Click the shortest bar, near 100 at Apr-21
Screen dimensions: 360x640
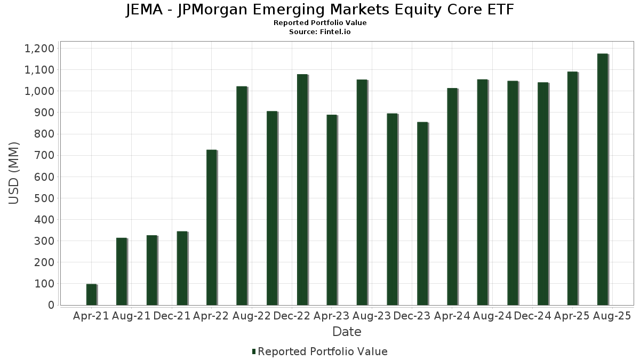click(91, 294)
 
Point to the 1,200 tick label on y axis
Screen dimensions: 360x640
click(39, 49)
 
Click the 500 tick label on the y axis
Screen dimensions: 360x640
click(44, 198)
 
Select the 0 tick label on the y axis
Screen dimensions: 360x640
click(51, 305)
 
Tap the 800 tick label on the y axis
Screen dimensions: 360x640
click(44, 134)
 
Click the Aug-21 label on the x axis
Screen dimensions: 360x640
click(131, 316)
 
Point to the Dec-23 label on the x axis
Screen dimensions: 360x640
click(412, 316)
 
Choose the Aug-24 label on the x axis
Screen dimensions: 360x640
click(492, 316)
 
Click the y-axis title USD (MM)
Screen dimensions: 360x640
click(14, 173)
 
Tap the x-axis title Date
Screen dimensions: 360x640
click(347, 332)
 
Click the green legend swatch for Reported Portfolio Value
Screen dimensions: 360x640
click(254, 351)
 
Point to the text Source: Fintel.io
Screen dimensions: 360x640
click(320, 32)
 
